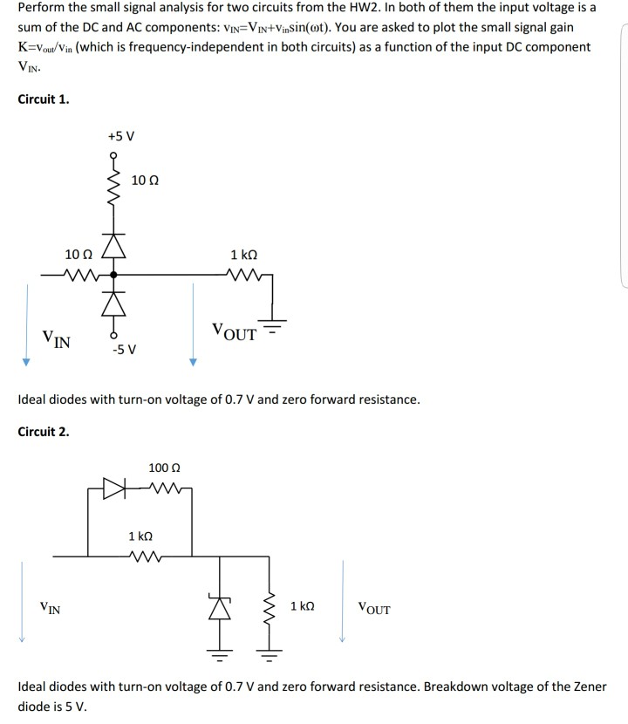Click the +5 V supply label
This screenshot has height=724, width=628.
coord(120,136)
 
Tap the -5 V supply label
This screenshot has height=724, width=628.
coord(123,351)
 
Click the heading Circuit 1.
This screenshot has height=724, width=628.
coord(44,99)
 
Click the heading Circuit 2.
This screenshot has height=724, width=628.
coord(44,431)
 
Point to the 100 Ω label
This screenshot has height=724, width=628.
coord(165,468)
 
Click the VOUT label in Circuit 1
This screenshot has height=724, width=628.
coord(235,332)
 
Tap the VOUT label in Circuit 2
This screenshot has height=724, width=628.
coord(374,609)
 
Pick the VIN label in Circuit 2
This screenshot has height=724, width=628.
coord(50,607)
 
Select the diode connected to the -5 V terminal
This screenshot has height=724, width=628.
coord(112,301)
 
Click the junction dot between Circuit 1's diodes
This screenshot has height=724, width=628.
coord(112,275)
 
